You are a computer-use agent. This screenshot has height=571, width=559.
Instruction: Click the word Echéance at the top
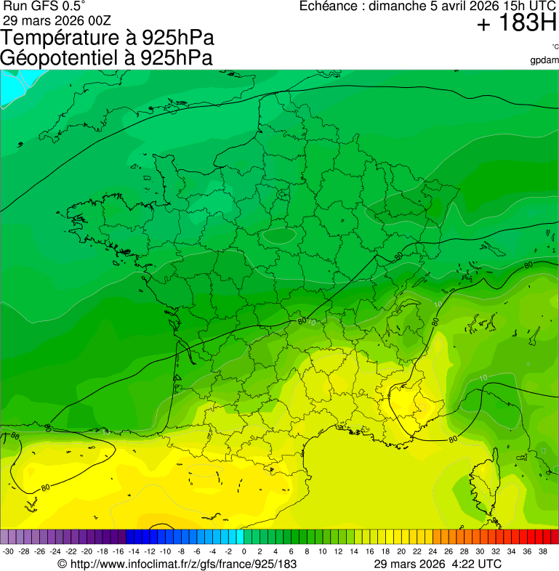click(331, 7)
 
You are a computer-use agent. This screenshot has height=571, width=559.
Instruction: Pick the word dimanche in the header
click(397, 7)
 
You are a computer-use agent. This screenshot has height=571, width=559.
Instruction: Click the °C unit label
click(555, 47)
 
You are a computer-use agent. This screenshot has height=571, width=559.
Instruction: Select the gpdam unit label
click(544, 60)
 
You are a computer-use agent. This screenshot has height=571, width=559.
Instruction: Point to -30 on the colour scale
click(8, 552)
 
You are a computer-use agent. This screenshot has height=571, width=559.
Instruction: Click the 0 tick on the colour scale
click(244, 552)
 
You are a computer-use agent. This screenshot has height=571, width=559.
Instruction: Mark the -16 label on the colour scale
click(118, 552)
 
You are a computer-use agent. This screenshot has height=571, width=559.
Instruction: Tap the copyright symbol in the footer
click(62, 564)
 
